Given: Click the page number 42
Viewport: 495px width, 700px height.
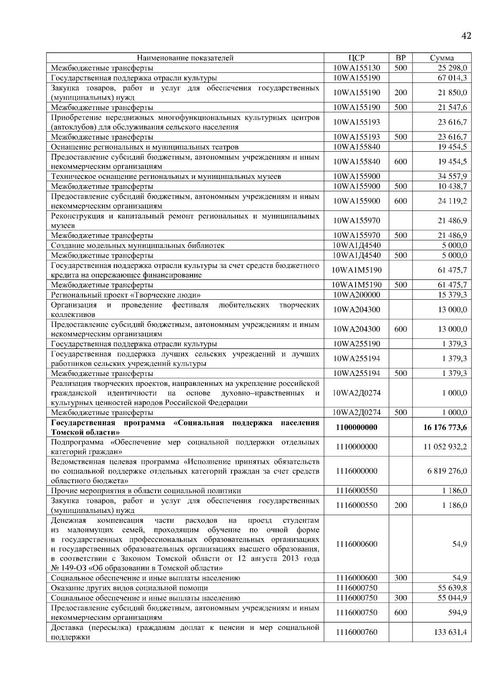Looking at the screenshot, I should tap(466, 36).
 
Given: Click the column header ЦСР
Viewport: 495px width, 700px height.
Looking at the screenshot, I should tap(356, 58).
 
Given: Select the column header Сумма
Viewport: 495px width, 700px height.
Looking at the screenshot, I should tap(442, 58).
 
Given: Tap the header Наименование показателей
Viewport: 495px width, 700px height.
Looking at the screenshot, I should tap(185, 58).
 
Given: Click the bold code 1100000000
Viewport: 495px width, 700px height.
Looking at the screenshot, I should tap(356, 428).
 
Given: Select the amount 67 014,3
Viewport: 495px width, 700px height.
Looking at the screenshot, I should tap(452, 78).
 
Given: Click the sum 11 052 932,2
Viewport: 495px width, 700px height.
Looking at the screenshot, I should tap(445, 447).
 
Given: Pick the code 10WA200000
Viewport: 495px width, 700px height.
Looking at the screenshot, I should tap(356, 295).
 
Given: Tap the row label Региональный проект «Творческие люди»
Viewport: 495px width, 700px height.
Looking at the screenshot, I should tap(126, 295).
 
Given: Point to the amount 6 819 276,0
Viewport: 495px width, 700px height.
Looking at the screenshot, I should tap(447, 471).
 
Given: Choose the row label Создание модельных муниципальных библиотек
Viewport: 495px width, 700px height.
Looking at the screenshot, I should tap(138, 246).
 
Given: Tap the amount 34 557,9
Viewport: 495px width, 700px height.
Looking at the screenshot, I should tap(452, 176).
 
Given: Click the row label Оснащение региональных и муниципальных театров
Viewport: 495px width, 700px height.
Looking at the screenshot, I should tap(144, 147).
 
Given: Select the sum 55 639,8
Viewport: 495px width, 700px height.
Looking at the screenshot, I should tap(452, 588).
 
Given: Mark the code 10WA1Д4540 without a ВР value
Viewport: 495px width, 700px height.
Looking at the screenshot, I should tap(356, 245).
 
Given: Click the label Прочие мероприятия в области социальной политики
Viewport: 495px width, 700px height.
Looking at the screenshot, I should tap(146, 491).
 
